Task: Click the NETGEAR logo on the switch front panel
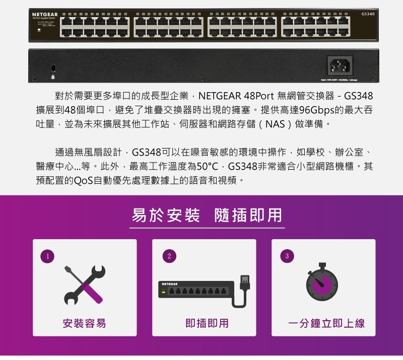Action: click(45, 13)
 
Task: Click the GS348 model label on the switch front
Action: click(368, 13)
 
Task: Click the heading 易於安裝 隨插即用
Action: click(207, 215)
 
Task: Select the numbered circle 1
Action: click(47, 256)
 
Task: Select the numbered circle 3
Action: click(287, 256)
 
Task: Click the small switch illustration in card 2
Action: click(196, 290)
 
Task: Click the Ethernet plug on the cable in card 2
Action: click(245, 282)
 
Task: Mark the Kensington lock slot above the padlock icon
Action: click(53, 67)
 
